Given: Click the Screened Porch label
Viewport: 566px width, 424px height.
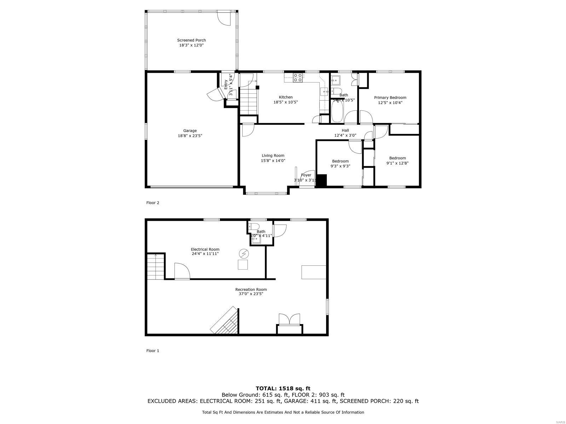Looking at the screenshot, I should pos(191,40).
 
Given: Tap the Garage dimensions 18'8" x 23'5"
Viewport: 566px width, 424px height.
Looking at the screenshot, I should pos(190,136).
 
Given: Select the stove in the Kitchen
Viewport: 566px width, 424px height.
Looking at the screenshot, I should pos(298,77).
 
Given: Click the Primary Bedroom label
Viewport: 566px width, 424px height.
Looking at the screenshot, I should pos(390,98).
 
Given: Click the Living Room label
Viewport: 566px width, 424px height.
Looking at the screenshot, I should pos(273,155).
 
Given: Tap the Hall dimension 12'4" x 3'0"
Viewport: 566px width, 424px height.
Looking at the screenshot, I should pos(345,135).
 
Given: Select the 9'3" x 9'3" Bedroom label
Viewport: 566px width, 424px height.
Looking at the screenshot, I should pos(340,161).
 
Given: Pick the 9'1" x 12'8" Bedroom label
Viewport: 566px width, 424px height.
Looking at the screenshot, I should pos(397,158).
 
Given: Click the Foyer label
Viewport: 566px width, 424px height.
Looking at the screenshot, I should pos(306,175).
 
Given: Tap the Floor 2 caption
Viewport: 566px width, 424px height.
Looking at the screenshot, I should pos(153,203).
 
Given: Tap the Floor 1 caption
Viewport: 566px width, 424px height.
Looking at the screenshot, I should pos(153,351).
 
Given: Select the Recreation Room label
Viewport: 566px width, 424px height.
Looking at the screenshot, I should pos(251,290).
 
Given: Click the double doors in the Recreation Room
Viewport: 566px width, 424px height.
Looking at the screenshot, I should pos(289,319).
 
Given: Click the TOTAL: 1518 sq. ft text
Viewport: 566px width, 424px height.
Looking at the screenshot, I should pos(283,388).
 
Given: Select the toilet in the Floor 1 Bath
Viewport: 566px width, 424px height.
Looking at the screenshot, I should pos(254,226).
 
